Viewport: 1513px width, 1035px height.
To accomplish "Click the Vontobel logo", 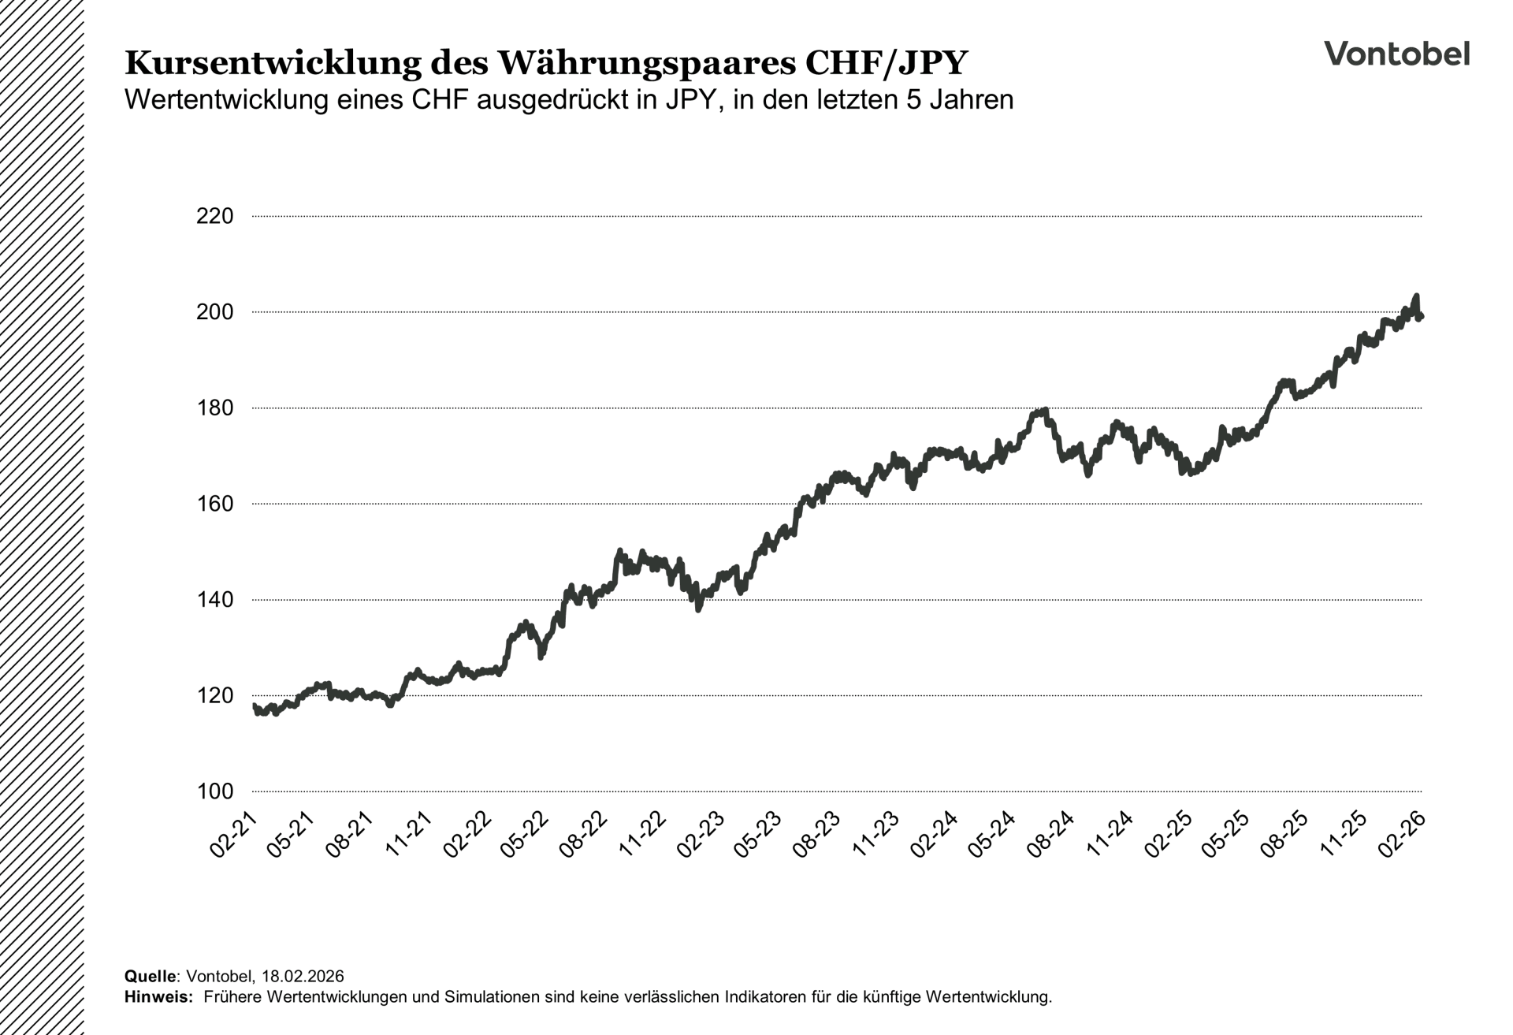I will (x=1396, y=54).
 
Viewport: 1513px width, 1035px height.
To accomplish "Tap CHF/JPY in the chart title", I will (x=886, y=63).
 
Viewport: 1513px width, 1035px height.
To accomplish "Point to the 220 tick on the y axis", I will (x=214, y=216).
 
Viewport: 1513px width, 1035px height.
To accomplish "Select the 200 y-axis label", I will (x=214, y=312).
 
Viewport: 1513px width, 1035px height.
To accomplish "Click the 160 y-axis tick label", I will (x=214, y=504).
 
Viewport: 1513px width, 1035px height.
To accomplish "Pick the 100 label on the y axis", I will (x=214, y=791).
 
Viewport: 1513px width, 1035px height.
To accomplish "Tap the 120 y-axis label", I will (x=214, y=695).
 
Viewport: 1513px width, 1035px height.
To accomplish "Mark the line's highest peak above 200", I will (x=1416, y=296).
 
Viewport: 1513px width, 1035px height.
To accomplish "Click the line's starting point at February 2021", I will (x=254, y=706).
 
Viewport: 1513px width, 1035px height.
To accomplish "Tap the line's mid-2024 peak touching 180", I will (x=1045, y=411).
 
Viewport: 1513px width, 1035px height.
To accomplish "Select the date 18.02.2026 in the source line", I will (x=303, y=977).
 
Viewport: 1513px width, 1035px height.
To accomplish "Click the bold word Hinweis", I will (x=158, y=996).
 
